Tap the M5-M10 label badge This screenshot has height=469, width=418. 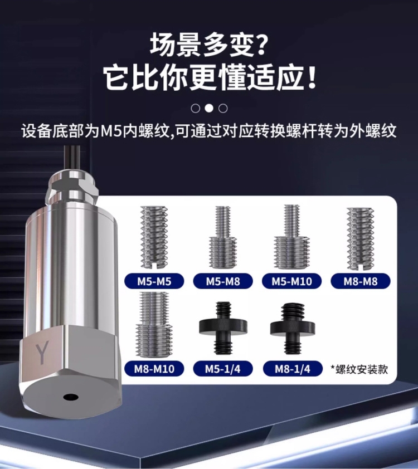click(x=291, y=281)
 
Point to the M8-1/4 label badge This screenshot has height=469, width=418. click(x=291, y=368)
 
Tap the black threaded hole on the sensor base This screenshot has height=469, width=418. click(x=70, y=397)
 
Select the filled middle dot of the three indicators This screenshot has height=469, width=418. click(x=209, y=108)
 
